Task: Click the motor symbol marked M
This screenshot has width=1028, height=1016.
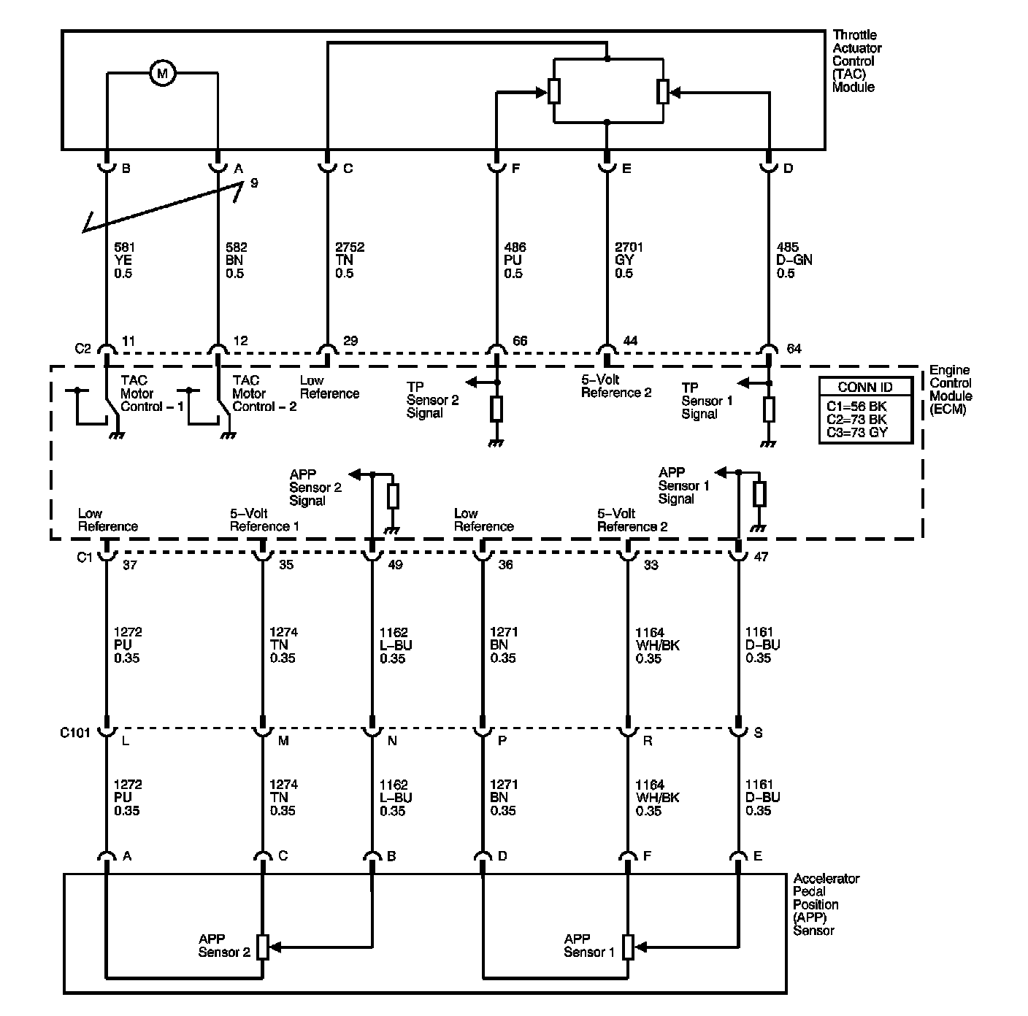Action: [162, 72]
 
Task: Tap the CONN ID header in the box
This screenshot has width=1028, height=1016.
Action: [864, 387]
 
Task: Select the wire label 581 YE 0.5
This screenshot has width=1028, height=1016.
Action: [124, 261]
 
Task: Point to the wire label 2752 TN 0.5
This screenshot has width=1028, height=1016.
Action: [350, 261]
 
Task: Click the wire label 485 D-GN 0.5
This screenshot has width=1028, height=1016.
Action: [794, 261]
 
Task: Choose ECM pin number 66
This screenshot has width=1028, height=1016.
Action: [520, 341]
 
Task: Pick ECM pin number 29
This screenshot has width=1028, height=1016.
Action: [350, 341]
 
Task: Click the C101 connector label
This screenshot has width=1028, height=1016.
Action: [75, 733]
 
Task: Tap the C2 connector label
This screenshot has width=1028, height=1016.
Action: [83, 348]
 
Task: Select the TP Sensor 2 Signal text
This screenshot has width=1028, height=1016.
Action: [432, 400]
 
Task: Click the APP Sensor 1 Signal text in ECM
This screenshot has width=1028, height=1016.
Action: [683, 485]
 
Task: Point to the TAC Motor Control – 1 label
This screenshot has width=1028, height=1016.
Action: [152, 393]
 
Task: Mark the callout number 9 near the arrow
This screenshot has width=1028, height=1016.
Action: [254, 183]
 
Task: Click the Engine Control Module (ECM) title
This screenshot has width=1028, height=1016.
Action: [950, 390]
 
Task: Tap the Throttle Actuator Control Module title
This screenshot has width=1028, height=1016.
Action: [856, 61]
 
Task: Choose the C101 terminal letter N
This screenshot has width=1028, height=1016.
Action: [392, 741]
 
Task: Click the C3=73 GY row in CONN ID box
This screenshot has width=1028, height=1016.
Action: [856, 433]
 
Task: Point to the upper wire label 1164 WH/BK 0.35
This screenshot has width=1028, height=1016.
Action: [657, 645]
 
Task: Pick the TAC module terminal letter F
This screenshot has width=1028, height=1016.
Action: [515, 169]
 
